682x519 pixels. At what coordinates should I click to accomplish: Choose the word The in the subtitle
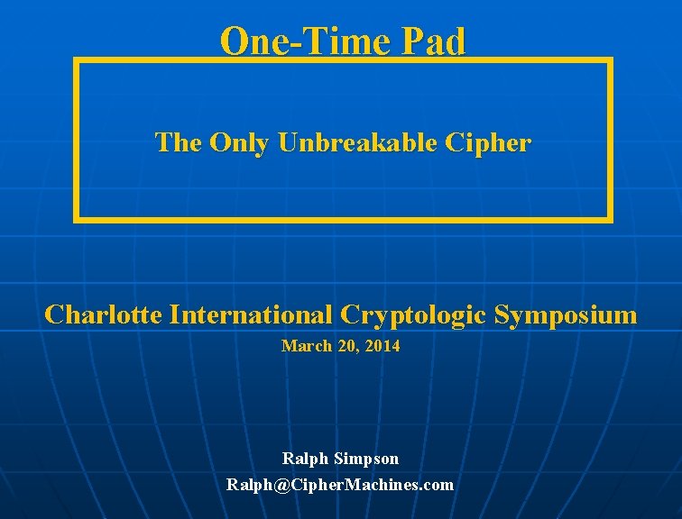(x=179, y=142)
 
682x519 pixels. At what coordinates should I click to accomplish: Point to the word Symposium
(x=567, y=314)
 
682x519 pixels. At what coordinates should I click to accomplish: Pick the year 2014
(x=383, y=345)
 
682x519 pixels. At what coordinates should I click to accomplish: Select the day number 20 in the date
(x=346, y=345)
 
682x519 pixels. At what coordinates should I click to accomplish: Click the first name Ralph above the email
(x=305, y=459)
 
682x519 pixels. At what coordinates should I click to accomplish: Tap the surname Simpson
(x=365, y=459)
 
